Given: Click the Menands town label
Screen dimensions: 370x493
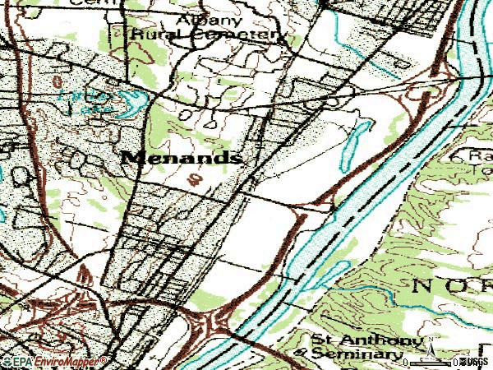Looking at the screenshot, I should pyautogui.click(x=182, y=157).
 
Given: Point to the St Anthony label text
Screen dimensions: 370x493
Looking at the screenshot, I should pyautogui.click(x=366, y=339).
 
